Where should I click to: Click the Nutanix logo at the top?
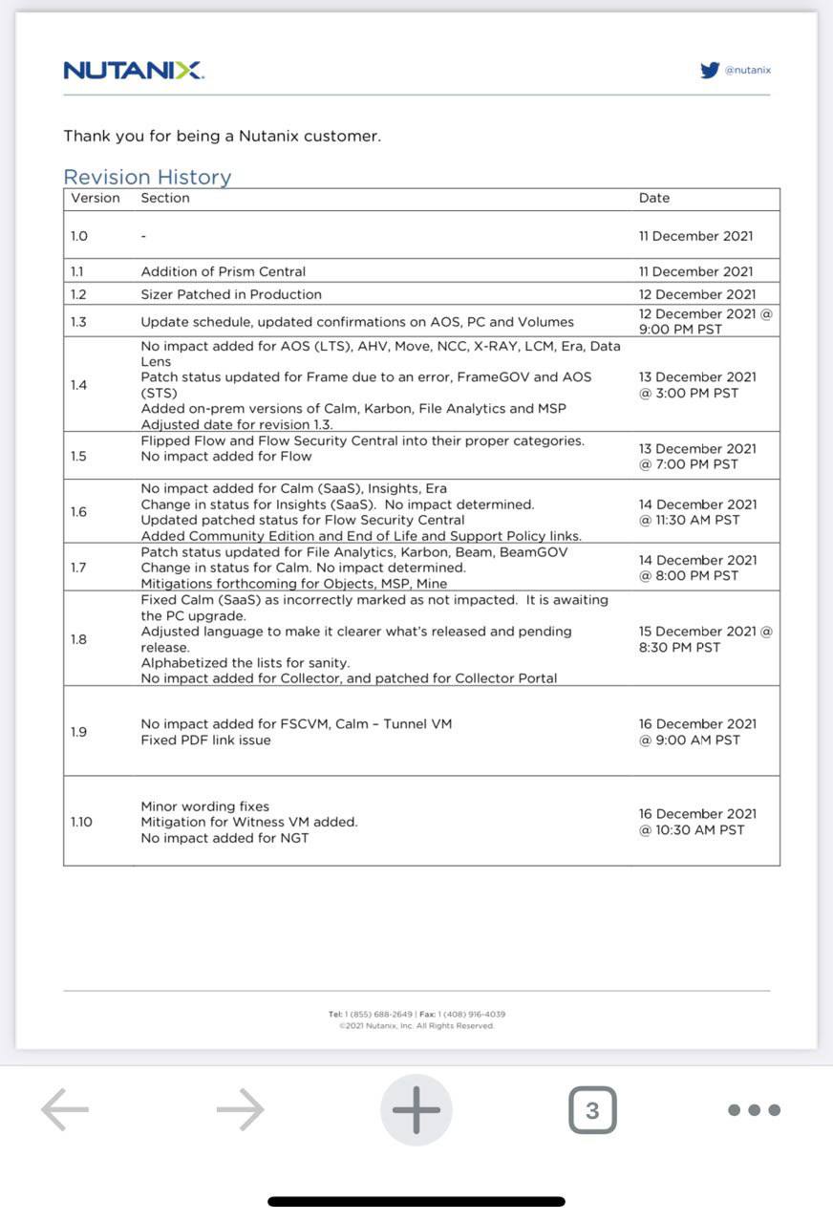click(x=133, y=70)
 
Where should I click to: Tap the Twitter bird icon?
click(x=710, y=70)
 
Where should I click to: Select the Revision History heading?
click(x=147, y=177)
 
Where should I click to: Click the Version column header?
click(x=96, y=198)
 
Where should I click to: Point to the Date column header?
click(x=654, y=198)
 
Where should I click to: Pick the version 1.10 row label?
click(x=82, y=822)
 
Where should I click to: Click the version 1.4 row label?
click(x=78, y=385)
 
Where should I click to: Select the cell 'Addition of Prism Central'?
click(x=224, y=271)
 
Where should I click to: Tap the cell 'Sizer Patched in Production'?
click(x=231, y=294)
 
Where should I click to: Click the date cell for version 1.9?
click(x=697, y=732)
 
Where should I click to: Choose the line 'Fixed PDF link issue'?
click(x=205, y=740)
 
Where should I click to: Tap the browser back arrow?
click(x=65, y=1109)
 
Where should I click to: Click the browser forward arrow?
click(x=240, y=1109)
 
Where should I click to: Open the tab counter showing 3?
click(x=592, y=1110)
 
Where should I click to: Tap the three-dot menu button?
click(x=754, y=1110)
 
